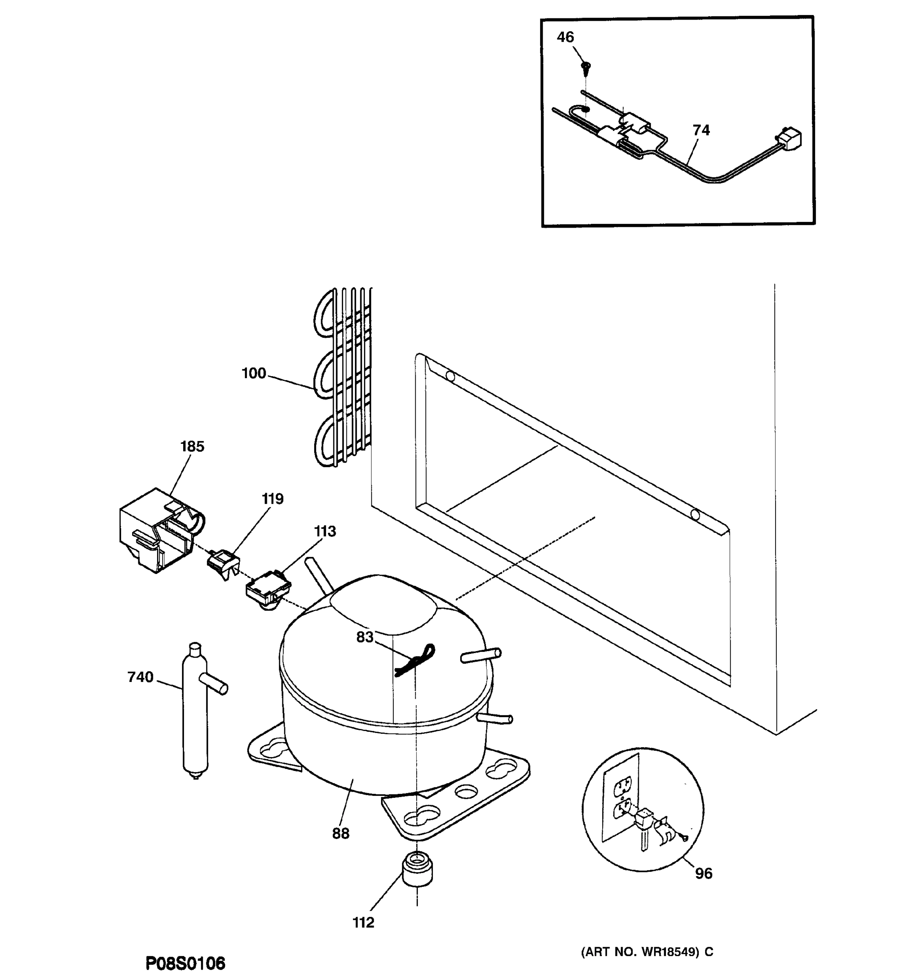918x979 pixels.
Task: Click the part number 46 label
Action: (x=565, y=38)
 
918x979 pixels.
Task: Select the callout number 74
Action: (x=701, y=130)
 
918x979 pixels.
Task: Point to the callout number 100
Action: (x=254, y=373)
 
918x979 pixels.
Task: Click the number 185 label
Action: (x=192, y=447)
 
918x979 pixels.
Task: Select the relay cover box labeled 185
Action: (x=157, y=532)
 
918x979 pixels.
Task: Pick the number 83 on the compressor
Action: (x=364, y=637)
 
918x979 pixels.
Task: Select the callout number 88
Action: (x=340, y=834)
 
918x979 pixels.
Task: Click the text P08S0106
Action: (x=185, y=963)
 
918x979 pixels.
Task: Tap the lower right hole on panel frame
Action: (x=695, y=515)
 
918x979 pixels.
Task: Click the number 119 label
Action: (x=273, y=499)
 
